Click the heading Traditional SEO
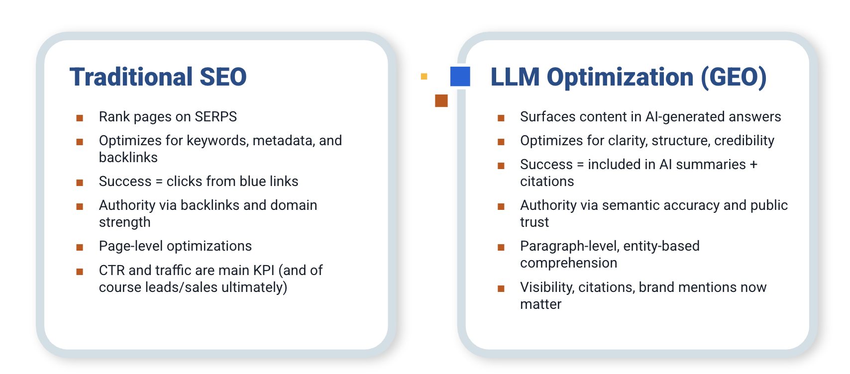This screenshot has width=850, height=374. pyautogui.click(x=158, y=77)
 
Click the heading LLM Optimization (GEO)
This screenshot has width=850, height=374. pyautogui.click(x=628, y=77)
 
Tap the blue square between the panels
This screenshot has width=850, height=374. pyautogui.click(x=460, y=77)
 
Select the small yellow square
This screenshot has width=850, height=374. pyautogui.click(x=424, y=76)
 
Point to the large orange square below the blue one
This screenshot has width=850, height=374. pyautogui.click(x=441, y=100)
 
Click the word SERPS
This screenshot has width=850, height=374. pyautogui.click(x=215, y=117)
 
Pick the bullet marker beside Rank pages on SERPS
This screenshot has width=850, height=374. pyautogui.click(x=80, y=118)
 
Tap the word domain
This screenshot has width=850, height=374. pyautogui.click(x=294, y=205)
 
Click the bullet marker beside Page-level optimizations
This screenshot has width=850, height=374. pyautogui.click(x=80, y=247)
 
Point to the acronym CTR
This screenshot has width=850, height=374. pyautogui.click(x=112, y=271)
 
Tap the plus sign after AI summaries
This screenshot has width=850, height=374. pyautogui.click(x=753, y=165)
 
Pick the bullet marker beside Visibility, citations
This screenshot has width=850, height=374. pyautogui.click(x=501, y=288)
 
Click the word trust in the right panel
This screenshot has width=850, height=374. pyautogui.click(x=534, y=222)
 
